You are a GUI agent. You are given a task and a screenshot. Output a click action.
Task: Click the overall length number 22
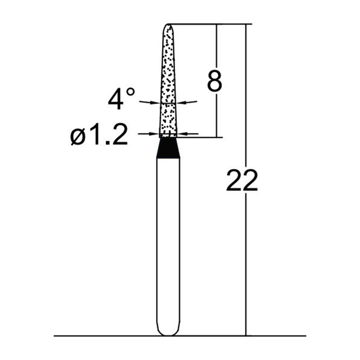[x=242, y=181]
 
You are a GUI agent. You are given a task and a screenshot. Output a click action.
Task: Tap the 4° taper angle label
[x=121, y=98]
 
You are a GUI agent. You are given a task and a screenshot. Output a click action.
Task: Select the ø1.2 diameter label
[x=99, y=135]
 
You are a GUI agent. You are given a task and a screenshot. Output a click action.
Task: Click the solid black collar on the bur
[x=168, y=148]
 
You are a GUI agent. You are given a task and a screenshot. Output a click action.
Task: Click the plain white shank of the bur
[x=168, y=243]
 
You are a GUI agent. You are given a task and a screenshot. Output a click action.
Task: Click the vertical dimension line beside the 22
[x=246, y=270]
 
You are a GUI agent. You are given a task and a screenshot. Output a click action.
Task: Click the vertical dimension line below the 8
[x=217, y=117]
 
